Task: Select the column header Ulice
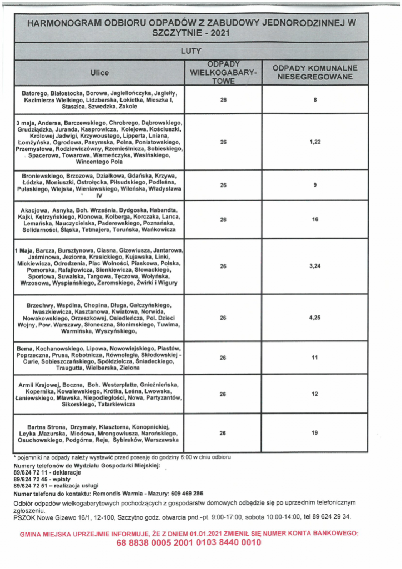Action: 99,73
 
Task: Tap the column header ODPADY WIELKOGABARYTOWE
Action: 224,73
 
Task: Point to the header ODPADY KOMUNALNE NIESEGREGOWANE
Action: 315,72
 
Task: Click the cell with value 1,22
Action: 315,142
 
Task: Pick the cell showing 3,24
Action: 315,266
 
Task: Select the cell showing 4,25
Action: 315,318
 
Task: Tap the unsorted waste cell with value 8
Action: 315,100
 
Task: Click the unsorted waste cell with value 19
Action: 315,433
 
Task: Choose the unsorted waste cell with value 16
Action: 315,219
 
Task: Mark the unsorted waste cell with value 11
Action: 315,358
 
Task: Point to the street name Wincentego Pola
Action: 99,162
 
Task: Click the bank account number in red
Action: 188,543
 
